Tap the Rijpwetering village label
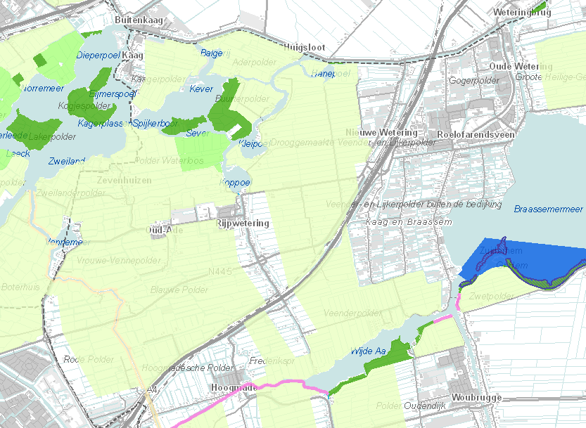243,223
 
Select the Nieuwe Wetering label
381,133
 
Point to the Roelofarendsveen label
476,134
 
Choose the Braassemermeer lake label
549,209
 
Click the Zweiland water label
67,161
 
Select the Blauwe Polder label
179,290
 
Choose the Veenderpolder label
348,311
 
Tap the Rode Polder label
88,359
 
